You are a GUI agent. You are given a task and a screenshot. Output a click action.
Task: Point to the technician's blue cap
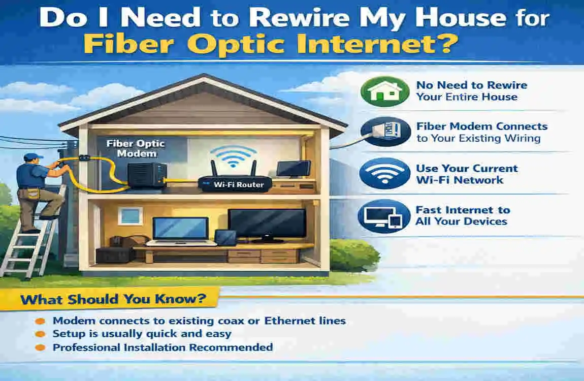[x=33, y=156]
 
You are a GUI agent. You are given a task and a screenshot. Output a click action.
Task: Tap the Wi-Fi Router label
[x=239, y=185]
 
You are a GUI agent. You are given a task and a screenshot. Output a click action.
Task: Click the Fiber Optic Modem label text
[x=136, y=148]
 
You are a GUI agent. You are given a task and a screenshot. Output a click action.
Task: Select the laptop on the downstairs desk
[x=180, y=231]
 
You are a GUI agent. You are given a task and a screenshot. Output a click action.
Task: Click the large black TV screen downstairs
[x=267, y=224]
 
